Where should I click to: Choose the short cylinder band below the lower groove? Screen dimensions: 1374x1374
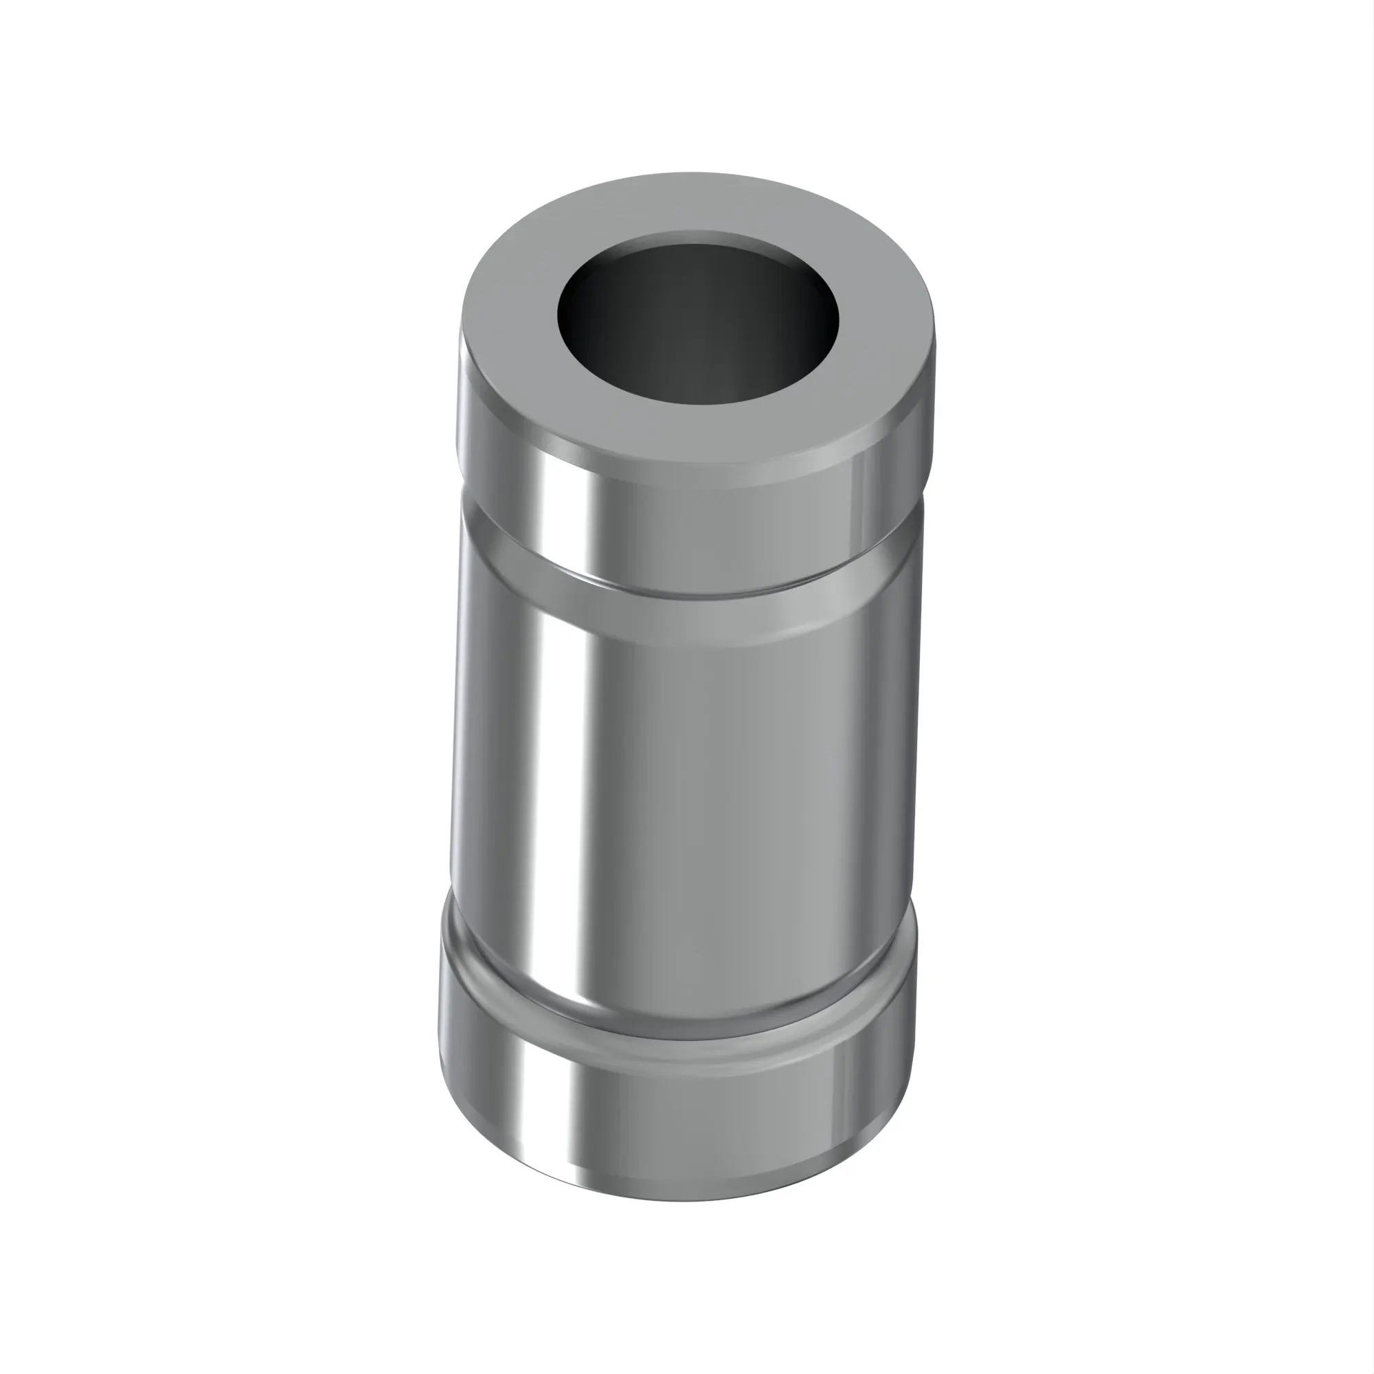pyautogui.click(x=675, y=1110)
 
